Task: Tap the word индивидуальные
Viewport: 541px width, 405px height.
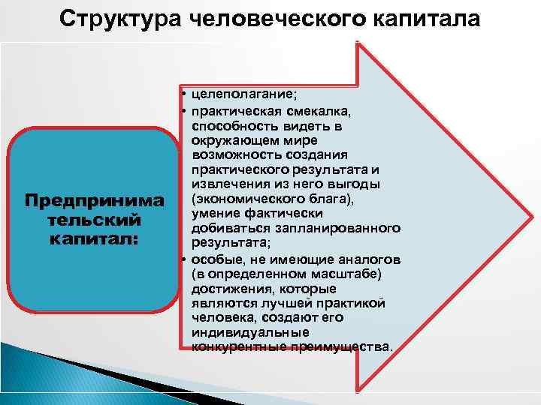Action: click(x=244, y=332)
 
